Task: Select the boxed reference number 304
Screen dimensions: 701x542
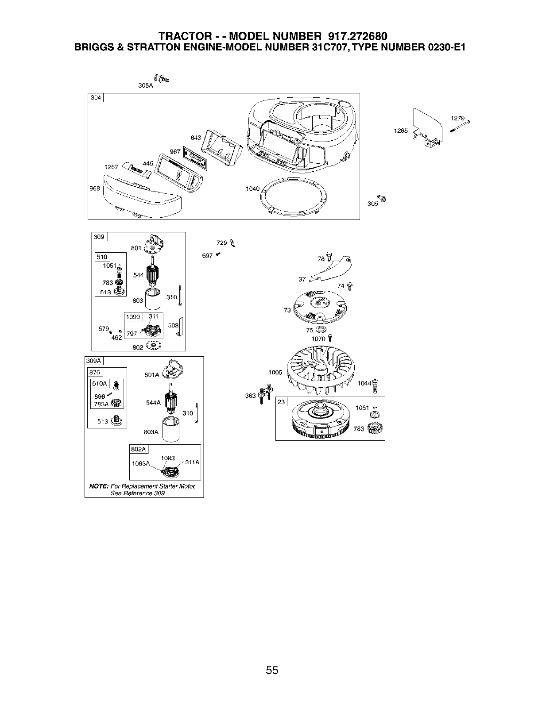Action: (x=95, y=98)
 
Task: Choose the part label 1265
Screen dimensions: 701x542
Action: (x=400, y=131)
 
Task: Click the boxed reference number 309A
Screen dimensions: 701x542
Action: (x=94, y=361)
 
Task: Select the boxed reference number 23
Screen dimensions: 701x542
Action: (x=282, y=402)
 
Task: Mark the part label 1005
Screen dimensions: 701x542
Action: (x=275, y=372)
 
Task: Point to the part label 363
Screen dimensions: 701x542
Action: (x=251, y=395)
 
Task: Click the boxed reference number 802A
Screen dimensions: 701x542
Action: (x=138, y=449)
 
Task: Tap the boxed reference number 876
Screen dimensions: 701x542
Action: (x=95, y=373)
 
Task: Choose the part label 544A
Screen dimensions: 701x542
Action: (x=153, y=403)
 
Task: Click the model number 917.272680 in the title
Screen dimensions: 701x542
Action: (x=360, y=36)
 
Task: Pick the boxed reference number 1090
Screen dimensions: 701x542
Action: (x=133, y=317)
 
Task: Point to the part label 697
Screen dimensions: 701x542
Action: (x=207, y=256)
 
